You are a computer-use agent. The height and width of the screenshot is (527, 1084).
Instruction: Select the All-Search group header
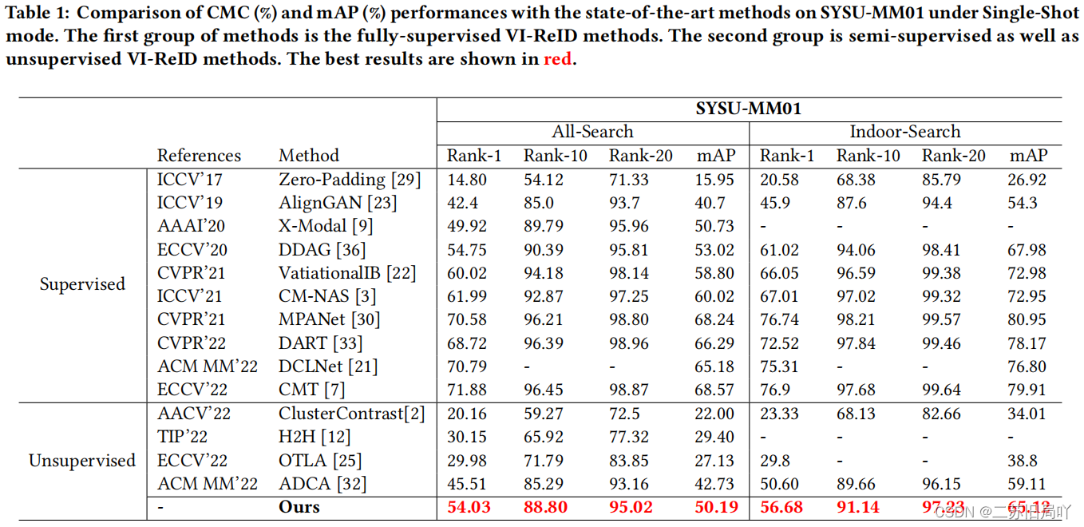click(592, 132)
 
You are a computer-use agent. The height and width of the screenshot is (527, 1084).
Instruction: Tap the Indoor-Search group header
click(904, 132)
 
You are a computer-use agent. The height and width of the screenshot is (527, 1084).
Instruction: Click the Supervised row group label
click(82, 284)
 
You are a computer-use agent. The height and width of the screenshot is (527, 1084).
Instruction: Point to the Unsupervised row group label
click(82, 461)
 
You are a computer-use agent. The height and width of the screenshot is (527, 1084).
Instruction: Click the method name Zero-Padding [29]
click(350, 180)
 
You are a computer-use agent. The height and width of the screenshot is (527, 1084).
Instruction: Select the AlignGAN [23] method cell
click(337, 203)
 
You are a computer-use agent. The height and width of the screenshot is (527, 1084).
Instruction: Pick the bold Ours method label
click(299, 507)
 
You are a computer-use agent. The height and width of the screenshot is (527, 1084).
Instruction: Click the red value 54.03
click(469, 507)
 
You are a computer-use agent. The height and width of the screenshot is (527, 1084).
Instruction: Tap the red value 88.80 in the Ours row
click(545, 507)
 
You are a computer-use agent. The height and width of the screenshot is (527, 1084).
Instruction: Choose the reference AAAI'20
click(191, 226)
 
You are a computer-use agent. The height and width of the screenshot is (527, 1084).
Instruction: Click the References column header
click(199, 156)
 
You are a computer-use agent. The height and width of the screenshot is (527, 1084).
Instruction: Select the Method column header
click(309, 156)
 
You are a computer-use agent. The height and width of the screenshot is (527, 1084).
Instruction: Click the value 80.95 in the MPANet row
click(1027, 319)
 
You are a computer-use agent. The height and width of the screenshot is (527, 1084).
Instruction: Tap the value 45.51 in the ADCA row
click(469, 484)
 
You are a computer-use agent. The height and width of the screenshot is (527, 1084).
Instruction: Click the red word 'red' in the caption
click(557, 60)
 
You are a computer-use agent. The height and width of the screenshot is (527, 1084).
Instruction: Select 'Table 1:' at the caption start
click(37, 14)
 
